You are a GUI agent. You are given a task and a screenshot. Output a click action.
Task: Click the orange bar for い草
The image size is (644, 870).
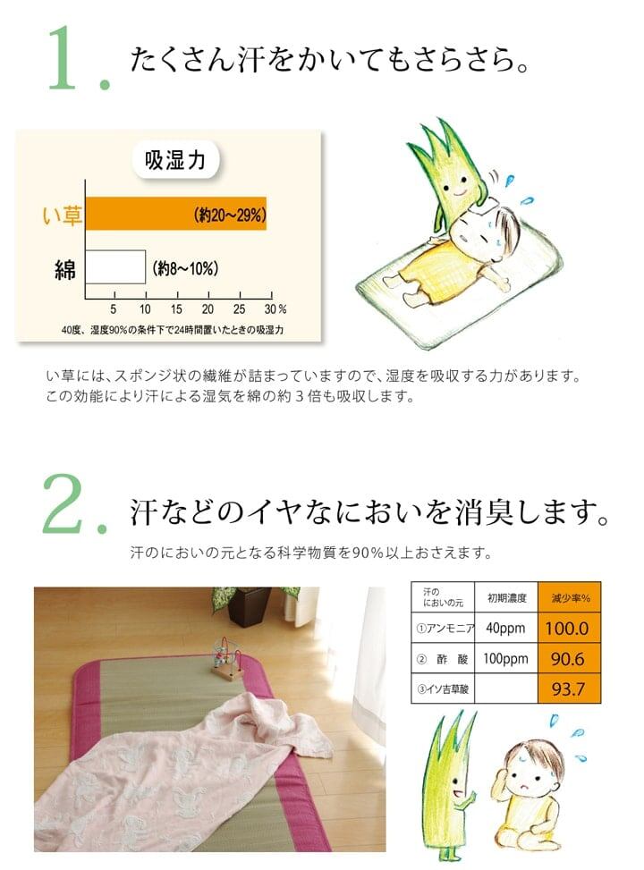(176, 214)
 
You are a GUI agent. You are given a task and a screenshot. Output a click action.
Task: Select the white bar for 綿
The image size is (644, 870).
(115, 266)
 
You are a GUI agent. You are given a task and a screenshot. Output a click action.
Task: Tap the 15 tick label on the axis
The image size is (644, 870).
(176, 309)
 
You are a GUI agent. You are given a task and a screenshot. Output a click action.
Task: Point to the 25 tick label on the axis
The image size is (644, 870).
(240, 309)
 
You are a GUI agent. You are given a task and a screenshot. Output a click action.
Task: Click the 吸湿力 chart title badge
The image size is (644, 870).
(175, 160)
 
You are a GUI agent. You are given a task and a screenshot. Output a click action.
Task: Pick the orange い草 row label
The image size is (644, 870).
(63, 215)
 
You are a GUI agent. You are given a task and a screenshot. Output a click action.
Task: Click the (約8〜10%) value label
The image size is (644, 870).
(185, 269)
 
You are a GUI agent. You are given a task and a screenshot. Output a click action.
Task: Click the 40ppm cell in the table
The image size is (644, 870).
(505, 628)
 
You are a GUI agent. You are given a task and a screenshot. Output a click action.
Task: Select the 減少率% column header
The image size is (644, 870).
(570, 597)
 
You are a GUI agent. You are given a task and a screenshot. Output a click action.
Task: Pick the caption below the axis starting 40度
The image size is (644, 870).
(173, 330)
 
